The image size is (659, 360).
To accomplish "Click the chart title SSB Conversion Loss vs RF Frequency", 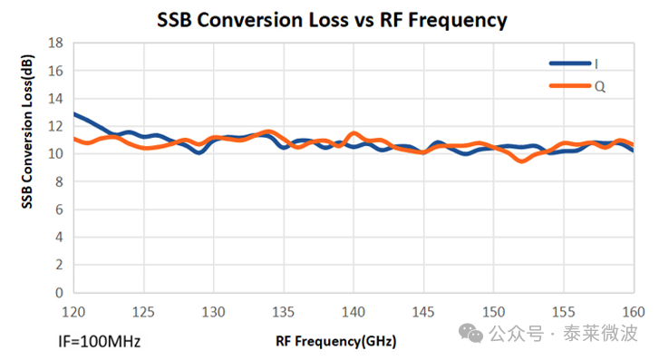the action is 332,20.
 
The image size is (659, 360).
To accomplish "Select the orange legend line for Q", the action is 570,86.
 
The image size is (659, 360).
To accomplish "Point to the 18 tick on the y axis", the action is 56,43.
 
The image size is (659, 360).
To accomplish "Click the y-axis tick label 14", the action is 56,99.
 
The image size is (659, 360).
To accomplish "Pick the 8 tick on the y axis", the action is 59,181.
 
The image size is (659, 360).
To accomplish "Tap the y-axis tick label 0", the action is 59,293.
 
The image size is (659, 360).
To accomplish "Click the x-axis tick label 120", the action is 73,312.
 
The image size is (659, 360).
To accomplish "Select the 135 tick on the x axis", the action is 283,312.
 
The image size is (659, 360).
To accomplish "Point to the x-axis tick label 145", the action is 423,312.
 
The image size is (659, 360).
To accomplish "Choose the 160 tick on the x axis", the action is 634,312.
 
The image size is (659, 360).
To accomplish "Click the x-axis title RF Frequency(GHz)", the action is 335,341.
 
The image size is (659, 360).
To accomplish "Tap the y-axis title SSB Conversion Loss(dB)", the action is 27,131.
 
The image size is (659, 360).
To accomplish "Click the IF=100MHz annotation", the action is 99,342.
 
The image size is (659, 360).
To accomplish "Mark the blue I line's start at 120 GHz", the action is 74,113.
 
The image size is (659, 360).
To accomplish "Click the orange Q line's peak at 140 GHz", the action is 354,133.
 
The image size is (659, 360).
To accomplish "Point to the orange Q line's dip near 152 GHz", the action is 521,161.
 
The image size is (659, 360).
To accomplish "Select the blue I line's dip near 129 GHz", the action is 199,151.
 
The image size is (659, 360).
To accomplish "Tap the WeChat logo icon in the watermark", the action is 470,333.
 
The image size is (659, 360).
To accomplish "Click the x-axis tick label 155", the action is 563,312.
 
